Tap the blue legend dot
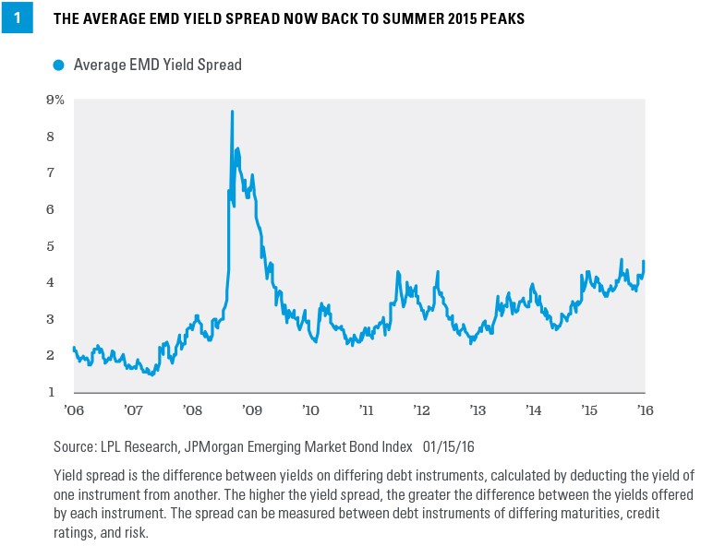[59, 65]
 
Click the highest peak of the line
[232, 112]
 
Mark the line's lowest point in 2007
[151, 374]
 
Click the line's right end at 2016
[644, 262]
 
